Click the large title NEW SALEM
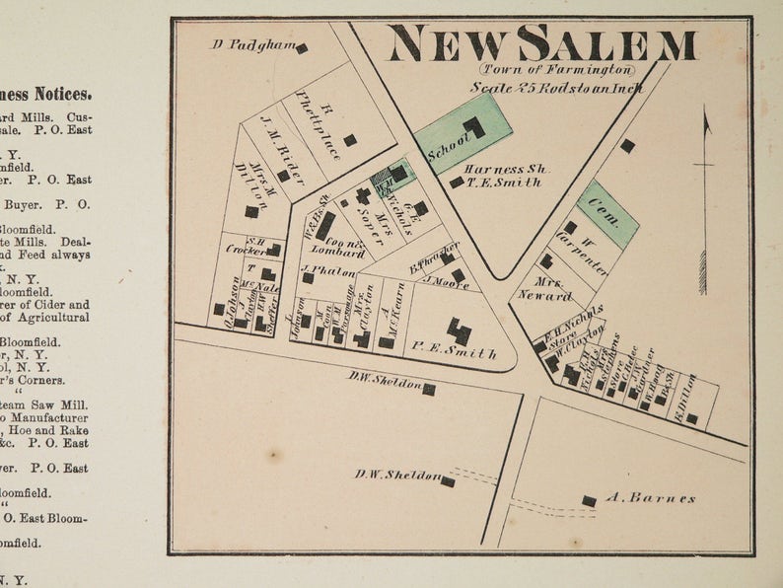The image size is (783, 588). pyautogui.click(x=541, y=44)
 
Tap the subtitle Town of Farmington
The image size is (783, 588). pyautogui.click(x=557, y=70)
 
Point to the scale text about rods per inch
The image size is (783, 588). pyautogui.click(x=556, y=88)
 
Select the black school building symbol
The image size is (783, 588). pyautogui.click(x=475, y=127)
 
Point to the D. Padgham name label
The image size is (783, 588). pyautogui.click(x=252, y=44)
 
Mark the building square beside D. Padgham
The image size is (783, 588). pyautogui.click(x=302, y=47)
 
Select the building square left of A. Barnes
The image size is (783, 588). pyautogui.click(x=589, y=500)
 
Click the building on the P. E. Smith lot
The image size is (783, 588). pyautogui.click(x=459, y=331)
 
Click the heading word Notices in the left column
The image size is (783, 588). pyautogui.click(x=63, y=95)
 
